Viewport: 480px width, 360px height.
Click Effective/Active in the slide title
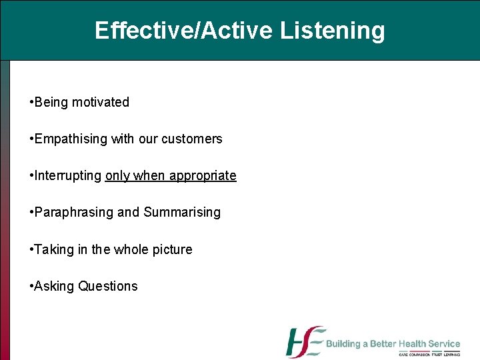tap(184, 31)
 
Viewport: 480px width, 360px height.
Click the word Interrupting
tap(68, 175)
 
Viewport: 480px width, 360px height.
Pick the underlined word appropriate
tap(203, 176)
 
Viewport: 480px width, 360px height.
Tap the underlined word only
tap(117, 176)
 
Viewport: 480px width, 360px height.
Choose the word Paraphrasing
tap(73, 213)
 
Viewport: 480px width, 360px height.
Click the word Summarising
tap(182, 213)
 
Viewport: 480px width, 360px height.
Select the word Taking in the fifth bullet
tap(53, 249)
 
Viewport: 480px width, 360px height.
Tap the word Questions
tap(108, 286)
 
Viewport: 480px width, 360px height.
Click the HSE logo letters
tap(305, 342)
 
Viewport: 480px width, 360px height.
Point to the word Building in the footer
tap(343, 344)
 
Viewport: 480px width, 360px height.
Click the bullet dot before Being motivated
tap(31, 103)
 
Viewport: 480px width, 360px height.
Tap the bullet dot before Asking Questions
tap(31, 287)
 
